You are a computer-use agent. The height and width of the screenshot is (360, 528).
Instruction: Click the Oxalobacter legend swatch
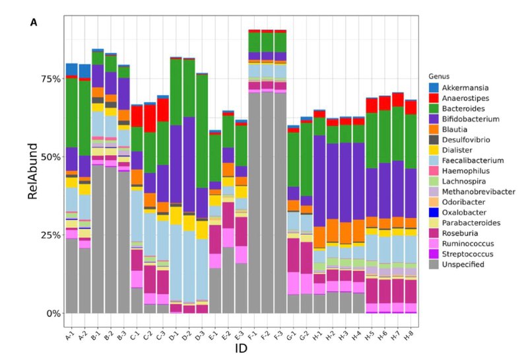[x=434, y=212]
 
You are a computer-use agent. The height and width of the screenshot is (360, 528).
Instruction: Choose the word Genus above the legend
[x=440, y=76]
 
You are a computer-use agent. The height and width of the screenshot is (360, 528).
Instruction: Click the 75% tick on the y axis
[x=50, y=79]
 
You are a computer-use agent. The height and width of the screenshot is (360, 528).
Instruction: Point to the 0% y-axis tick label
[x=53, y=313]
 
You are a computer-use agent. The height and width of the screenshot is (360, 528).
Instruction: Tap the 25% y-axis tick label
[x=50, y=235]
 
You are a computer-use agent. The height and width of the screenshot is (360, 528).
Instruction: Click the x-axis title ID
[x=242, y=348]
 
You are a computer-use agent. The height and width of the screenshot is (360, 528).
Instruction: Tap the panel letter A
[x=34, y=22]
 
